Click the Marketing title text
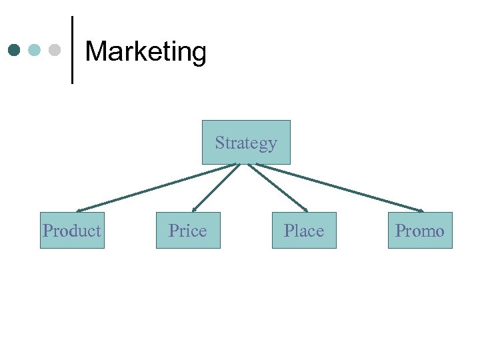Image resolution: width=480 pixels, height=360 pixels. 146,52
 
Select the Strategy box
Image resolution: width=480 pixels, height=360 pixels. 246,142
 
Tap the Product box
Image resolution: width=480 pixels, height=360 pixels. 72,231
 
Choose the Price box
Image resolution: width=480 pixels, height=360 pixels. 188,231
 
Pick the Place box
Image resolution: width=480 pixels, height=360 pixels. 304,231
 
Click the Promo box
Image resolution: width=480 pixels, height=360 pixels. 420,231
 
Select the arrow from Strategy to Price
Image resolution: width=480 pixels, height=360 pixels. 215,188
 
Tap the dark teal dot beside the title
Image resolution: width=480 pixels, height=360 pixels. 15,50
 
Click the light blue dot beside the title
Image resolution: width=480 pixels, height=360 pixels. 35,50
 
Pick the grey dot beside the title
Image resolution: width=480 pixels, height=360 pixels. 55,50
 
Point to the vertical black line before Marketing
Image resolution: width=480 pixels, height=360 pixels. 72,50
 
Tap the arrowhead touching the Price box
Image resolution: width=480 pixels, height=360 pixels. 194,209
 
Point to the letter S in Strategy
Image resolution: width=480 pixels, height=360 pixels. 219,143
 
